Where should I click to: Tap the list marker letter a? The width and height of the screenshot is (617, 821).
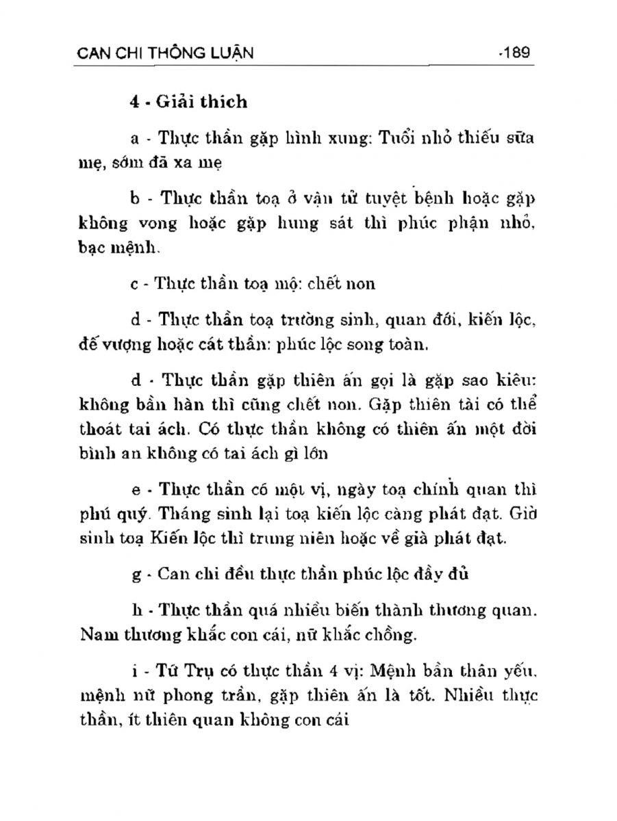(134, 138)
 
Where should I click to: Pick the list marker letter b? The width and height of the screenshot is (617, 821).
(134, 199)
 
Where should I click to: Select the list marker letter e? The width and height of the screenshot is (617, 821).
(134, 491)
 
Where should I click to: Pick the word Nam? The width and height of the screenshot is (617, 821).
(92, 636)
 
